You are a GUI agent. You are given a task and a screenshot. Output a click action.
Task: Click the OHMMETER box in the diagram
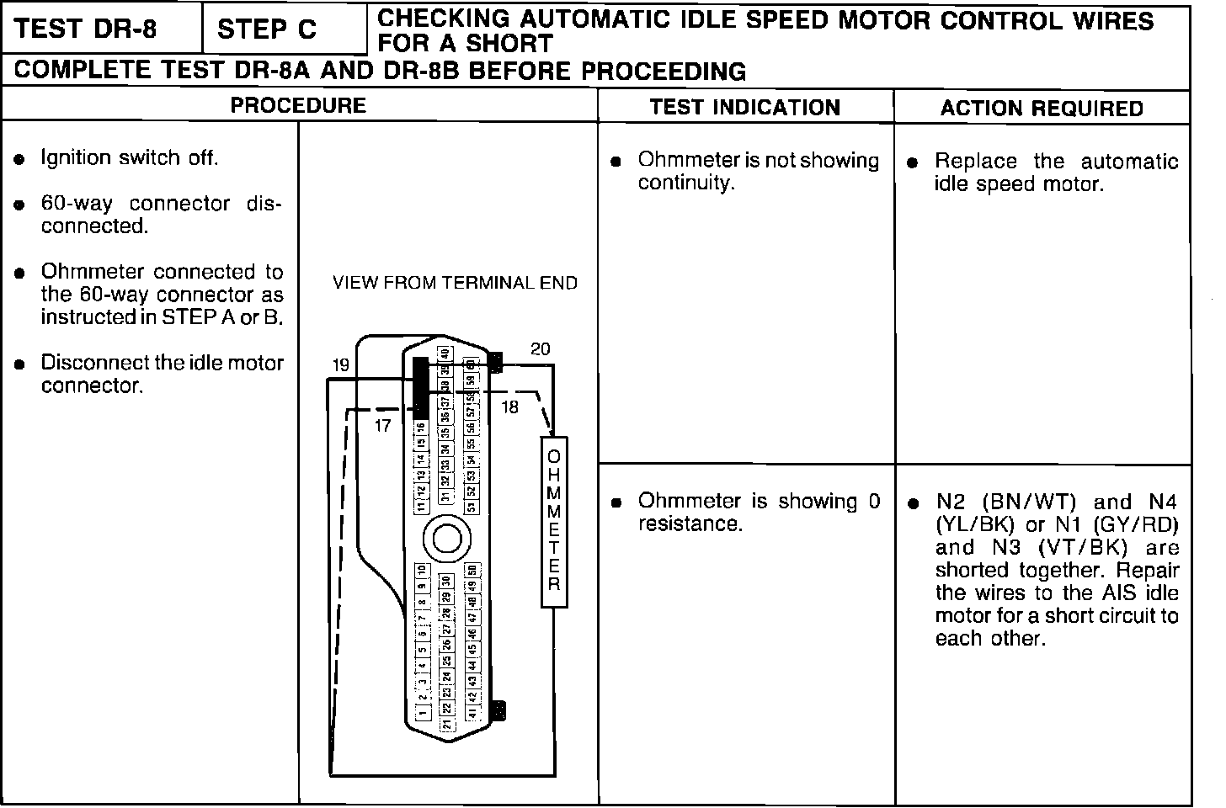click(x=554, y=522)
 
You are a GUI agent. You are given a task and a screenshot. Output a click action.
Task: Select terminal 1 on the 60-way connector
click(x=423, y=710)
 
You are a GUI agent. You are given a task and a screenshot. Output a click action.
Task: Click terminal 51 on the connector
click(x=472, y=507)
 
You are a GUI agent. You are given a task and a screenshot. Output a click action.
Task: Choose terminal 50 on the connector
click(x=472, y=571)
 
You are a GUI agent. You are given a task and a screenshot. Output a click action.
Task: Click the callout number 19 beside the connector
click(x=340, y=365)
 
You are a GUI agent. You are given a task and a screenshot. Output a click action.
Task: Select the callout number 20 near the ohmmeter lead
click(x=541, y=348)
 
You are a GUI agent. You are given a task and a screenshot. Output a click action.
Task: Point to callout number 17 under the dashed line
click(x=383, y=426)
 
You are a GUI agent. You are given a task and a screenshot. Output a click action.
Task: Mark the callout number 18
click(x=510, y=407)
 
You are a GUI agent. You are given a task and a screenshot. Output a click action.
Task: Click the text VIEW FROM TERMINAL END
click(x=455, y=284)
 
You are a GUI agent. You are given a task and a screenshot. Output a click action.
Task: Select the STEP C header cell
click(x=267, y=30)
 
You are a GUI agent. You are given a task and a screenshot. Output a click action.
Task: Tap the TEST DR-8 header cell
click(x=86, y=29)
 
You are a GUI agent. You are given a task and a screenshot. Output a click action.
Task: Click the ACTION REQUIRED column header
click(x=1042, y=109)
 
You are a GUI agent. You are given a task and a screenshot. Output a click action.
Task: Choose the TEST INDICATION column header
click(x=745, y=108)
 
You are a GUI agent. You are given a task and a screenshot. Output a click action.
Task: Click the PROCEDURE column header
click(x=298, y=106)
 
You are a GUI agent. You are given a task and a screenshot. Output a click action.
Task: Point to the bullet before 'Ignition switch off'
click(x=19, y=159)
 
